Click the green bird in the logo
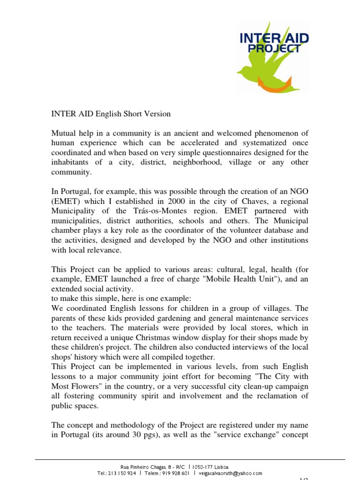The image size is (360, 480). (262, 66)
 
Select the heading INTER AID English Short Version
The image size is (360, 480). (111, 114)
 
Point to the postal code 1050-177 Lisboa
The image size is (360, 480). (210, 467)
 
